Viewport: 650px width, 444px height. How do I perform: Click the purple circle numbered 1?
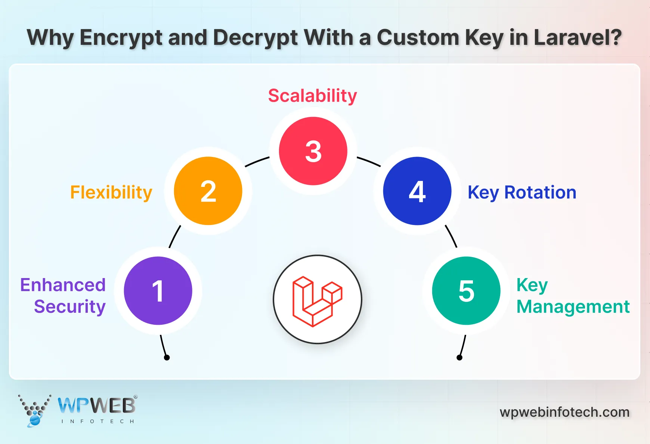[x=158, y=291]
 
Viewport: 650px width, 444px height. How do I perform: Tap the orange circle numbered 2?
[x=208, y=191]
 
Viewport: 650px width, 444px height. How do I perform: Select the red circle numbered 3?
[x=313, y=151]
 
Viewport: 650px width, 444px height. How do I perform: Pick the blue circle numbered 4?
[x=417, y=191]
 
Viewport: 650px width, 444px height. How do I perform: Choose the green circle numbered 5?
[x=466, y=291]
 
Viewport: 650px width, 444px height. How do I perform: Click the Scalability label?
[x=312, y=96]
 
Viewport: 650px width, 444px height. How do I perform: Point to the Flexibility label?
[x=111, y=193]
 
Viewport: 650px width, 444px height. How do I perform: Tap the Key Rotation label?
[x=522, y=193]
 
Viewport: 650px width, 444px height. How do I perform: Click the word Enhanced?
[x=63, y=285]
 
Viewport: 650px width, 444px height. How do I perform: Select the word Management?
[x=573, y=307]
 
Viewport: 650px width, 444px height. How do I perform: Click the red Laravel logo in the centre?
[x=317, y=301]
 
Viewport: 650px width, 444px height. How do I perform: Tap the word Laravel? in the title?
[x=578, y=38]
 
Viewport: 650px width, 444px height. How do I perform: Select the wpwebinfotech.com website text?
[x=564, y=412]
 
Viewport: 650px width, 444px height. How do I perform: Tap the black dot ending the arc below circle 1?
[x=167, y=358]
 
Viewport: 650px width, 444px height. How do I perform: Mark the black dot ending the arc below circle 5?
[x=459, y=358]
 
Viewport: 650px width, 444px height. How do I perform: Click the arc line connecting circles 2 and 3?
[x=257, y=161]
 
